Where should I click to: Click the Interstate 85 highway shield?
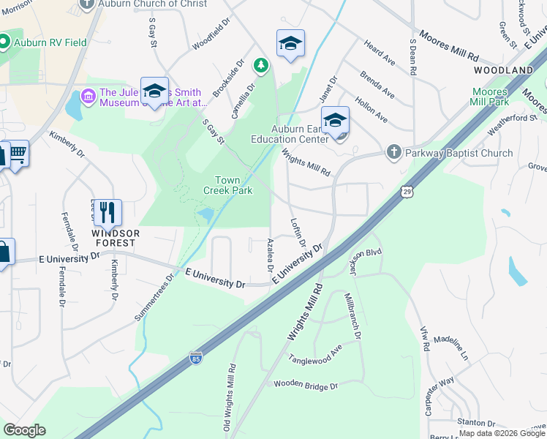coord(195,358)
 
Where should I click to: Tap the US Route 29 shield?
coord(407,192)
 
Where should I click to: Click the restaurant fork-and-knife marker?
coord(107,212)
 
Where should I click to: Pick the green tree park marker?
coord(260,67)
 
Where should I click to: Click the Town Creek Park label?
coord(233,185)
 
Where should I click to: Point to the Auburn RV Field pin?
coord(4,42)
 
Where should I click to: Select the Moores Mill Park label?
coord(490,97)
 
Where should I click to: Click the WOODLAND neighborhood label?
coord(503,70)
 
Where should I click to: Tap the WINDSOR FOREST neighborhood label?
coord(113,238)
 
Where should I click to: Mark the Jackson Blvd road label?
coord(365,262)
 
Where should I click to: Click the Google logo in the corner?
coord(25,430)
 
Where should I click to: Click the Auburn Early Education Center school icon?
coord(335,119)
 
